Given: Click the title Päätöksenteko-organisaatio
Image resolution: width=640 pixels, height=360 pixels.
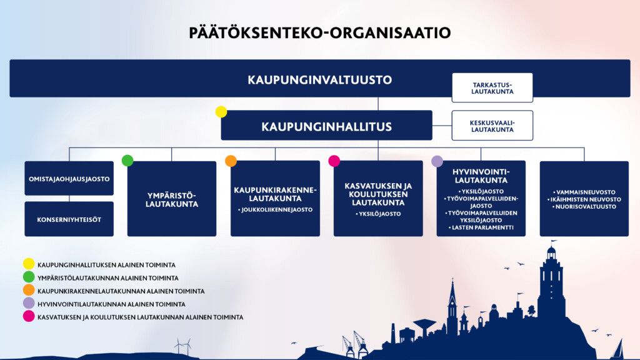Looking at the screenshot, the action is pos(319,32).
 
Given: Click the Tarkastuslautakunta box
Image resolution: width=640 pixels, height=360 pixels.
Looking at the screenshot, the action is pos(492,87).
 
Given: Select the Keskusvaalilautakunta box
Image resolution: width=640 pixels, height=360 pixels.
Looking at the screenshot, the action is pos(492,125).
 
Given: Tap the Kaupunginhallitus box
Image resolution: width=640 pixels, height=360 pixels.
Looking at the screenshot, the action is pos(326,125).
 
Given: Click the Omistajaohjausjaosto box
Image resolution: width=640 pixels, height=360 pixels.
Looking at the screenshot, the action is pos(69,178).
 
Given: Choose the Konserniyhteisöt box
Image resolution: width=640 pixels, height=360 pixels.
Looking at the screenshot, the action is pos(69,219).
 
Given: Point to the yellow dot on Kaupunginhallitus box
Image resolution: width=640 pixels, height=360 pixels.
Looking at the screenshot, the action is pos(221,111).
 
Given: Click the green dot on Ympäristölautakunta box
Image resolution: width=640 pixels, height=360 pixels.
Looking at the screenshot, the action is pos(127,161).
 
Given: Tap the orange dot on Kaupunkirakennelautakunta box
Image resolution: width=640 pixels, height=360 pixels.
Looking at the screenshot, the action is pos(231,161).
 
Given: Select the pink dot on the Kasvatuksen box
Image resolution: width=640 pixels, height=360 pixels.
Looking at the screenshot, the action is pos(334,161).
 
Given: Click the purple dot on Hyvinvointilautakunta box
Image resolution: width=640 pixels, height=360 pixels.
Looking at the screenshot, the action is pos(437,161).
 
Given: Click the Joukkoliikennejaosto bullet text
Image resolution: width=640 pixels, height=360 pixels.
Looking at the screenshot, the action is pos(275,210).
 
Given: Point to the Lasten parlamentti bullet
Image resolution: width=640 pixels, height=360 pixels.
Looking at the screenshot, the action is pos(481,227).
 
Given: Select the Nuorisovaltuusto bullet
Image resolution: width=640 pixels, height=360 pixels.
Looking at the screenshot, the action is pos(584,206).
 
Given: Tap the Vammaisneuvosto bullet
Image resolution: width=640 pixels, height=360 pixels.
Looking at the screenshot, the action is pos(584,192).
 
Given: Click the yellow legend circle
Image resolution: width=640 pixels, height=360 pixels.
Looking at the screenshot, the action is pos(29,264).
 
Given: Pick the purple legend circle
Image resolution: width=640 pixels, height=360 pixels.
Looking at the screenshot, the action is pos(29,303).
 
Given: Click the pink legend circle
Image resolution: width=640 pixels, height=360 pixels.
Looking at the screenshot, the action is pos(29,316).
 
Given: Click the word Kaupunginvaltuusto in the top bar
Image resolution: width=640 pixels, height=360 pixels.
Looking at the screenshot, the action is pos(319,79).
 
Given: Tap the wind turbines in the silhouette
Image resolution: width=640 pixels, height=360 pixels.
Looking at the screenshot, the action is pos(182,346).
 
